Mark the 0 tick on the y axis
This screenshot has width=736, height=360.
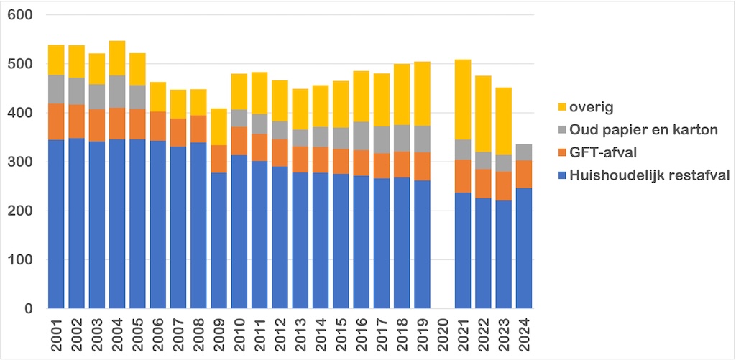[36, 308]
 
